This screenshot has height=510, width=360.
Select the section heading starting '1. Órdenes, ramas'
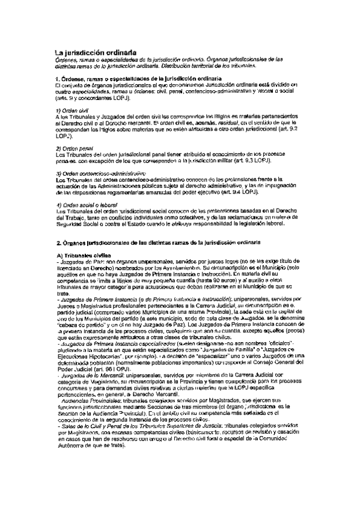coord(135,79)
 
